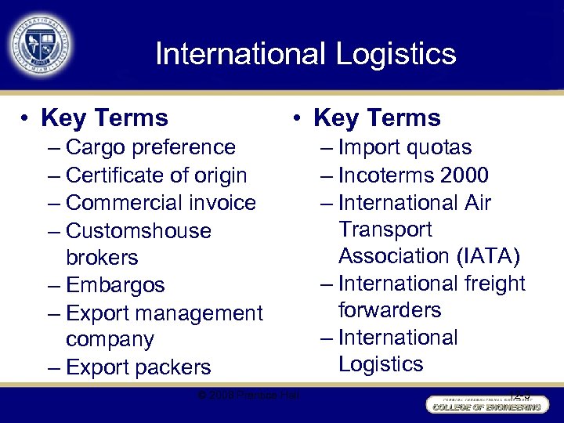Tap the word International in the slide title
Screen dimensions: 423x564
click(239, 54)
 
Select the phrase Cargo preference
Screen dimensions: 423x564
click(150, 147)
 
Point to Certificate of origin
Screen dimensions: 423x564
click(156, 175)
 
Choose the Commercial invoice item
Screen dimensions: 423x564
click(161, 203)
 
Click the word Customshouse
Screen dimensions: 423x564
click(139, 231)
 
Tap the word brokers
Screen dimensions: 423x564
click(102, 258)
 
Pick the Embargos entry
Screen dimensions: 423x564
click(115, 285)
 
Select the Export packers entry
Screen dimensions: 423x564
click(139, 367)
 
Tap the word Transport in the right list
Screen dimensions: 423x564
click(385, 230)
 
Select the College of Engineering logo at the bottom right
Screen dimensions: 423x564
click(484, 406)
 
